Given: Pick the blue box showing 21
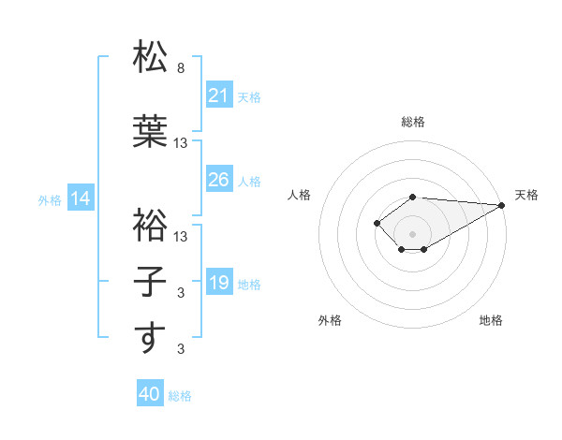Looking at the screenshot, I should (219, 95).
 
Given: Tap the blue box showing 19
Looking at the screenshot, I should (219, 282).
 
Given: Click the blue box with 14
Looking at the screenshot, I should (81, 198).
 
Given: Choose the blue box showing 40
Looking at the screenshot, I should (150, 394).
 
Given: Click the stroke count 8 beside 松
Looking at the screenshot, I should (181, 68).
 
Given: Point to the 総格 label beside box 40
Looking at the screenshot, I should (180, 396).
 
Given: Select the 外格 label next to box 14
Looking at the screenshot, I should (50, 199).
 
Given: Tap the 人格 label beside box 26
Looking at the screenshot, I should (249, 181).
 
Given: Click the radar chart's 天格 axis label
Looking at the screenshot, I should (526, 195).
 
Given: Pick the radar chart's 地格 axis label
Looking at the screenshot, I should (491, 320).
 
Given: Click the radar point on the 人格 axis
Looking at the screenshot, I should (377, 222).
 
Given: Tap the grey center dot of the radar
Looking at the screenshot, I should (412, 233).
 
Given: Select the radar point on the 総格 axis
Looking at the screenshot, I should (412, 197).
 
